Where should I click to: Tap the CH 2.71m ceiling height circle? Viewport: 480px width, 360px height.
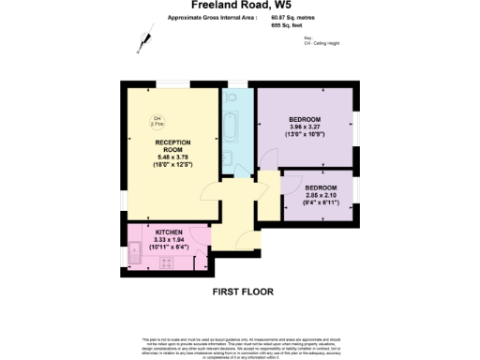157,121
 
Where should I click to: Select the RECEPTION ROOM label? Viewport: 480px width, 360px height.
172,145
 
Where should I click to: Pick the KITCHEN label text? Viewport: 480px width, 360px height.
169,231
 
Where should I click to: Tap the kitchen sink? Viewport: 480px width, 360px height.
137,250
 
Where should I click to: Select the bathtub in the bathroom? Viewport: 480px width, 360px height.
232,122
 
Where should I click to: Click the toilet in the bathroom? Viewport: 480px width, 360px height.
229,158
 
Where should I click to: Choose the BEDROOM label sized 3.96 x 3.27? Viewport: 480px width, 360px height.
305,120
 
